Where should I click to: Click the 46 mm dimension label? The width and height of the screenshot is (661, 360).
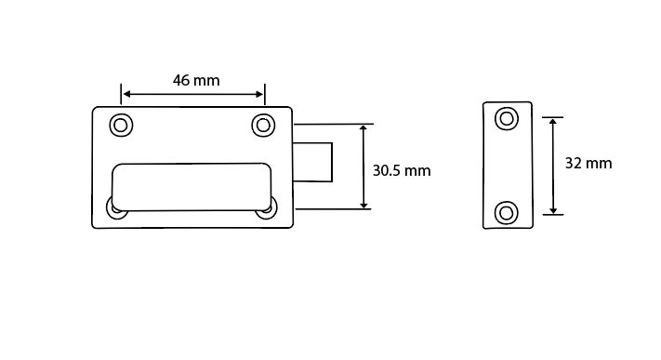pyautogui.click(x=196, y=80)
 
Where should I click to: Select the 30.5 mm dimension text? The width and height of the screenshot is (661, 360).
pyautogui.click(x=402, y=171)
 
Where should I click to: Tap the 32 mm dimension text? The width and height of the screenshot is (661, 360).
pyautogui.click(x=588, y=163)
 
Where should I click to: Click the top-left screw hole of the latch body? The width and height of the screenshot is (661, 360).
pyautogui.click(x=121, y=125)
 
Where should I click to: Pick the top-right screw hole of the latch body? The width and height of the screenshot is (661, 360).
pyautogui.click(x=262, y=125)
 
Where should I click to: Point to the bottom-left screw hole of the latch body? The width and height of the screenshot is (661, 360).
pyautogui.click(x=116, y=209)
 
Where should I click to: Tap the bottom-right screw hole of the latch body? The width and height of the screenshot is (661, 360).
pyautogui.click(x=267, y=208)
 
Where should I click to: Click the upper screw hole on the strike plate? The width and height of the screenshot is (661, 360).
pyautogui.click(x=507, y=118)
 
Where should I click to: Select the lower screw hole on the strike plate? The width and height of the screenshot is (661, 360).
pyautogui.click(x=507, y=212)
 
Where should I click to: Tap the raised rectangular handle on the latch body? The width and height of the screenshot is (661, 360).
pyautogui.click(x=192, y=185)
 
